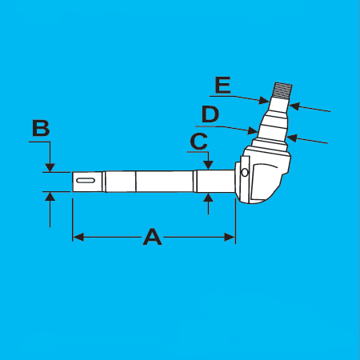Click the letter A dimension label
point(152,237)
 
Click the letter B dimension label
point(41,128)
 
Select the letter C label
point(199,141)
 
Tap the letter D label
point(210,114)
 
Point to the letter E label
point(223,85)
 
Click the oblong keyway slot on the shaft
point(86,181)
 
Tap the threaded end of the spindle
point(282,91)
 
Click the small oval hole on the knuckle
point(245,173)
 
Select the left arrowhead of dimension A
point(78,237)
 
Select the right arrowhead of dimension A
point(230,237)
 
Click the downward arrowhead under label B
point(50,167)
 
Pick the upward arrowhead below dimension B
point(50,197)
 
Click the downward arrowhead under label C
point(208,166)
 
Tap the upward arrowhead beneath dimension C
point(208,198)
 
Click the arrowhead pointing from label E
point(264,101)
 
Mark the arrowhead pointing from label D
point(253,130)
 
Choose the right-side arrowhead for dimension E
point(294,106)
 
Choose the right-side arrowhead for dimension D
point(292,138)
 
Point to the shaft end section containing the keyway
point(87,182)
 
